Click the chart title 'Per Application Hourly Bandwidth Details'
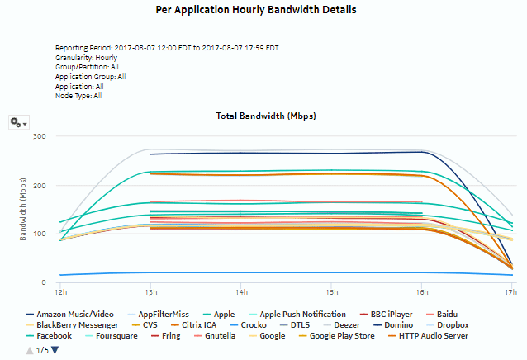pyautogui.click(x=256, y=11)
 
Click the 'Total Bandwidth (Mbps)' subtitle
pyautogui.click(x=266, y=116)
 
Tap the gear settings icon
pyautogui.click(x=17, y=122)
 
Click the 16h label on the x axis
pyautogui.click(x=421, y=292)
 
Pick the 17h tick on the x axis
pyautogui.click(x=511, y=292)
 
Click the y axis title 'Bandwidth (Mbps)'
pyautogui.click(x=24, y=209)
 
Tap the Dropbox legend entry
pyautogui.click(x=479, y=325)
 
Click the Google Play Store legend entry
pyautogui.click(x=339, y=336)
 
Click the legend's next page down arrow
pyautogui.click(x=55, y=350)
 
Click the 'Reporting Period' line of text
pyautogui.click(x=167, y=49)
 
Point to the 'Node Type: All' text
pyautogui.click(x=78, y=95)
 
